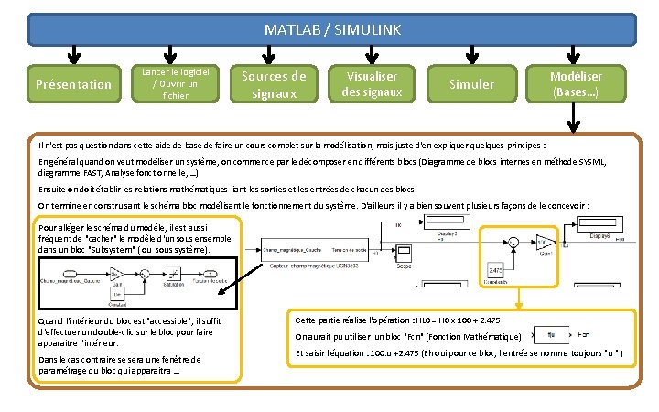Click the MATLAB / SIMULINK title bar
pos(331,30)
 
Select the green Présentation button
pos(72,84)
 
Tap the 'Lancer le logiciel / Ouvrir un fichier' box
pos(174,83)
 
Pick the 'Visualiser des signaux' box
pos(371,84)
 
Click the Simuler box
pos(472,84)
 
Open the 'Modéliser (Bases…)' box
pos(575,84)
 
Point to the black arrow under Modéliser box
pos(575,121)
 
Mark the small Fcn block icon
pos(553,335)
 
